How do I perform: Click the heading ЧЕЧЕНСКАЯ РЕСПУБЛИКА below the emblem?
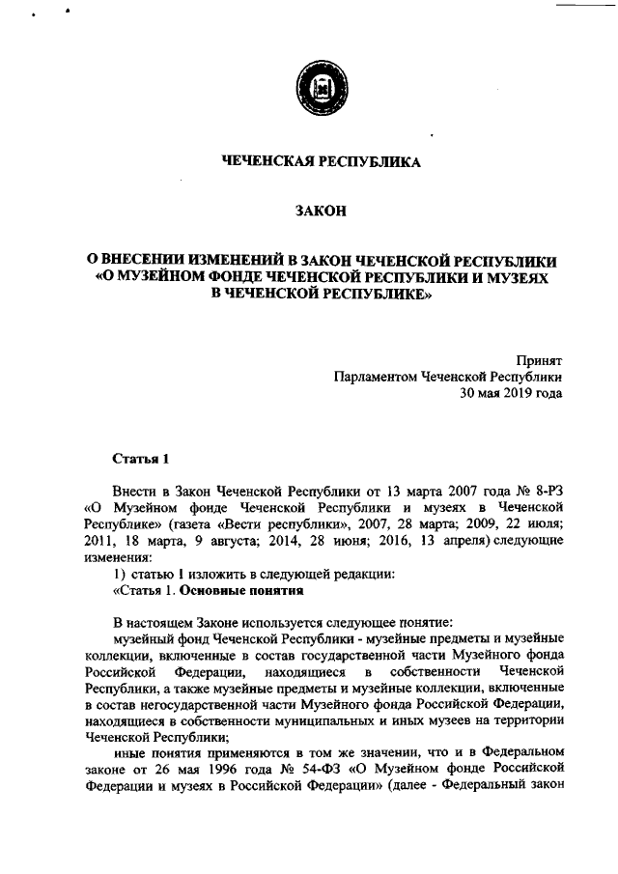tap(322, 162)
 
